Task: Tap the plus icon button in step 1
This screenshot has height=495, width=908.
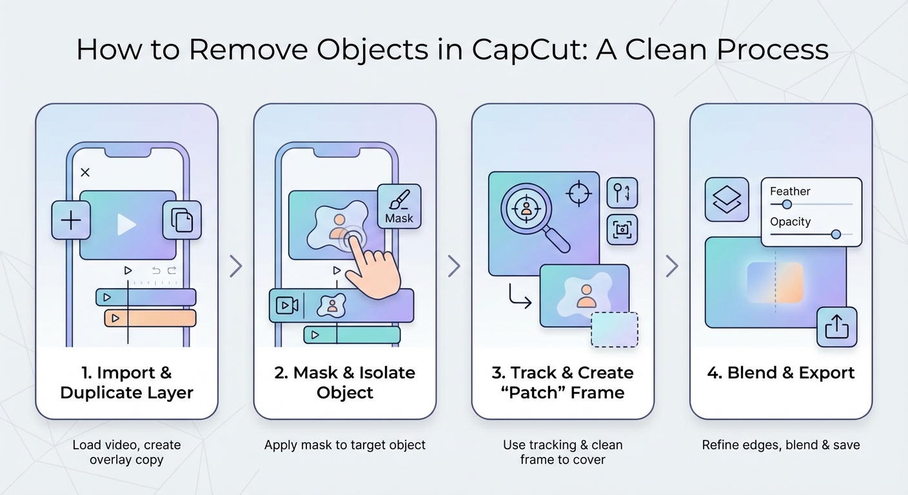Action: [71, 220]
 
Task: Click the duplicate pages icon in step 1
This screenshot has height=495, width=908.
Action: [182, 220]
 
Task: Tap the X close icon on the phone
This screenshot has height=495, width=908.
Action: [85, 172]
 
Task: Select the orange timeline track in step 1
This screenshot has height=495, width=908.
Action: [150, 318]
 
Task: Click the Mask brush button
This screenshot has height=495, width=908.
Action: [399, 206]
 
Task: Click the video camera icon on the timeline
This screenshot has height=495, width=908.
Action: [287, 306]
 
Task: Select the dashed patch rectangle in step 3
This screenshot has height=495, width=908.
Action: [615, 329]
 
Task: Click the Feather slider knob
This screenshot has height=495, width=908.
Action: [787, 204]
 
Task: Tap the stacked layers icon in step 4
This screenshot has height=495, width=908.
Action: [727, 199]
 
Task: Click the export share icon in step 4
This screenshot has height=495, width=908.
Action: [837, 327]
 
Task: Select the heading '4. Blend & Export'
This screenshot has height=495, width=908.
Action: [781, 373]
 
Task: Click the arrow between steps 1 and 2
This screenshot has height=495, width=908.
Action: [236, 266]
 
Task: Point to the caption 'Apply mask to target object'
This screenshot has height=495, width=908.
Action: [345, 445]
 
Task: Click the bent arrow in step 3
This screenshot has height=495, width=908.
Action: [519, 295]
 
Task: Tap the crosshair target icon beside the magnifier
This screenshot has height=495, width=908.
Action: [578, 193]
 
